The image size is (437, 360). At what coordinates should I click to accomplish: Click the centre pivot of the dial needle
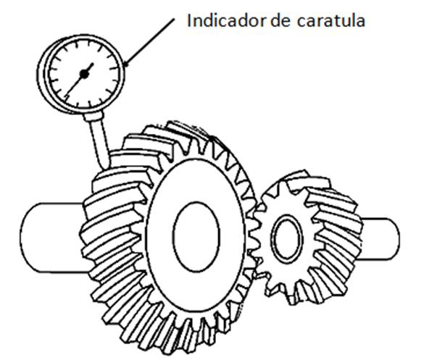point(86,72)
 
